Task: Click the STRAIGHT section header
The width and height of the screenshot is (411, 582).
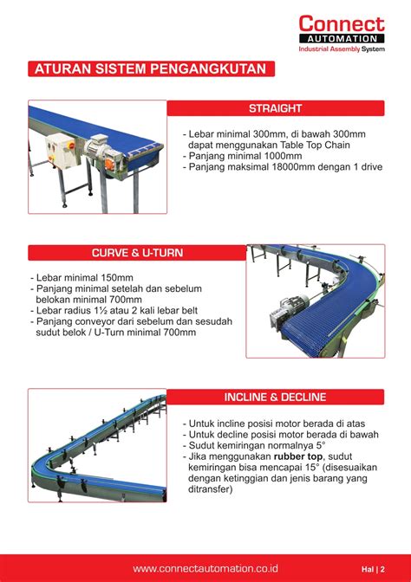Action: (x=275, y=108)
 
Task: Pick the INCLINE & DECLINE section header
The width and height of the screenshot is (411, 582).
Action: (x=275, y=398)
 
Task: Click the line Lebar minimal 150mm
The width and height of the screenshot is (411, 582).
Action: (x=79, y=279)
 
